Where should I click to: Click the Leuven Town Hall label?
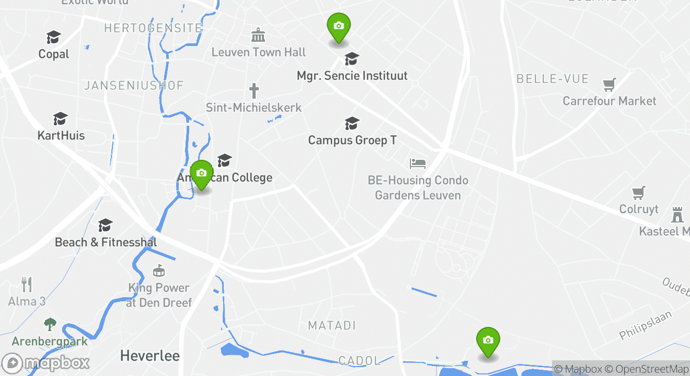[259, 52]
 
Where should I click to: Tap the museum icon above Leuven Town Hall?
[258, 36]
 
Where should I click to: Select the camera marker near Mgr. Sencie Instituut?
[339, 27]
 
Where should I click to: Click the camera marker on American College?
[201, 174]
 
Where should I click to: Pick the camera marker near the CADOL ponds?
[488, 341]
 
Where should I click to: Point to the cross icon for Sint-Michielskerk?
[254, 91]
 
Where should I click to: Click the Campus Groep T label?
[352, 140]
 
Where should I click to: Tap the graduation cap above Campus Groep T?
[352, 123]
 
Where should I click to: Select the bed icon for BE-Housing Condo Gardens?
[418, 163]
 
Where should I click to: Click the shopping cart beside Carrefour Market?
[609, 84]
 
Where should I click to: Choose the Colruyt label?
[639, 209]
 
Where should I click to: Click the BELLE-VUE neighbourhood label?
[553, 79]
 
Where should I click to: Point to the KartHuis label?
[61, 136]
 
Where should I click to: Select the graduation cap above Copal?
[54, 37]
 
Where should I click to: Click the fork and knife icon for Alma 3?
[27, 284]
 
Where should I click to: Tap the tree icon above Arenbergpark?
[50, 324]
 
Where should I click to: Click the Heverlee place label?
[149, 356]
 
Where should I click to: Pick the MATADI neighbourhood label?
[332, 325]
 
